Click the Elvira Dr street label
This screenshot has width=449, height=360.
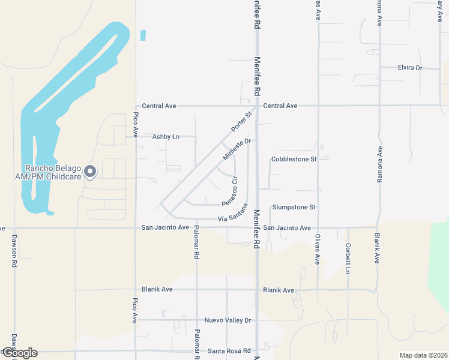coord(410,68)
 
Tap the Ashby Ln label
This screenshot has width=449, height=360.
coord(166,137)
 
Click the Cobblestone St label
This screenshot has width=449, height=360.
coord(294,159)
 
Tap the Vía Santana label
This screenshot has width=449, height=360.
coord(232,214)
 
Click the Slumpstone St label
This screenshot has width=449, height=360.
coord(294,207)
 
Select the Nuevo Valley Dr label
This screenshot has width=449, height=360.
coord(227,320)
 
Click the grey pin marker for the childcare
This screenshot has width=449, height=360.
coord(90,172)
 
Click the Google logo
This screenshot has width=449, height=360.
coord(19,353)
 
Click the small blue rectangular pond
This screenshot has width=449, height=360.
coord(143,35)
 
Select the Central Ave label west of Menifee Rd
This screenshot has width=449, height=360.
coord(159,106)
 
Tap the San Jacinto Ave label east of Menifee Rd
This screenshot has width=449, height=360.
coord(287,228)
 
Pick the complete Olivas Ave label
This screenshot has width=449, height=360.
coord(318,248)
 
